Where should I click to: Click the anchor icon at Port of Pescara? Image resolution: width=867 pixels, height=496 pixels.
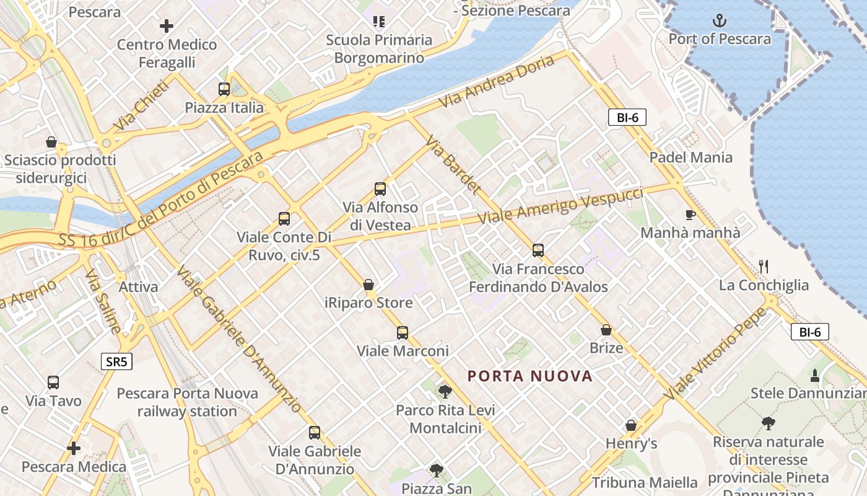tap(720, 20)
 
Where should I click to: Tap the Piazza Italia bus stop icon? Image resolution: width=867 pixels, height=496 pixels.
tap(224, 89)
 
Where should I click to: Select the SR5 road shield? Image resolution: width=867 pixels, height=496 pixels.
tap(117, 361)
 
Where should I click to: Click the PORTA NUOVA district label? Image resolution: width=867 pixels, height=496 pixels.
tap(530, 376)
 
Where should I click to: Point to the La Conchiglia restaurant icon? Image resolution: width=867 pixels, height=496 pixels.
tap(764, 267)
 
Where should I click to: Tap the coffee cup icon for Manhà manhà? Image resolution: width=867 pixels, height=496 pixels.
tap(690, 215)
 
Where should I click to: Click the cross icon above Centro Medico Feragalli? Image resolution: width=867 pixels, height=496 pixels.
tap(166, 26)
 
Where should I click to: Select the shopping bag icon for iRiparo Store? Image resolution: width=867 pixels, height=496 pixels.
tap(368, 285)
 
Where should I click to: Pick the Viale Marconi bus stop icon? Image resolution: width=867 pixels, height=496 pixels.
tap(403, 333)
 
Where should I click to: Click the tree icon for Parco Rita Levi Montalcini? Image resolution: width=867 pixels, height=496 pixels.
tap(445, 392)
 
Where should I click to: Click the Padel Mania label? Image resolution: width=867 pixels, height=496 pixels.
tap(691, 157)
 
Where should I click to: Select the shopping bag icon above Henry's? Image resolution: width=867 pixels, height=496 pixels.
tap(631, 425)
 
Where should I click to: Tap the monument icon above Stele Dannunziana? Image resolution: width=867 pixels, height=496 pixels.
tap(815, 375)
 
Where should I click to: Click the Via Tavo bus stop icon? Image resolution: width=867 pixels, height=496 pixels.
tap(53, 383)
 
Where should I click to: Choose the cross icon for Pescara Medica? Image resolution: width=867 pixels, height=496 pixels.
tap(74, 448)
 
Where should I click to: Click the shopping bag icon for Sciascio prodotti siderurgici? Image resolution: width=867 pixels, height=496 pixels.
tap(51, 143)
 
